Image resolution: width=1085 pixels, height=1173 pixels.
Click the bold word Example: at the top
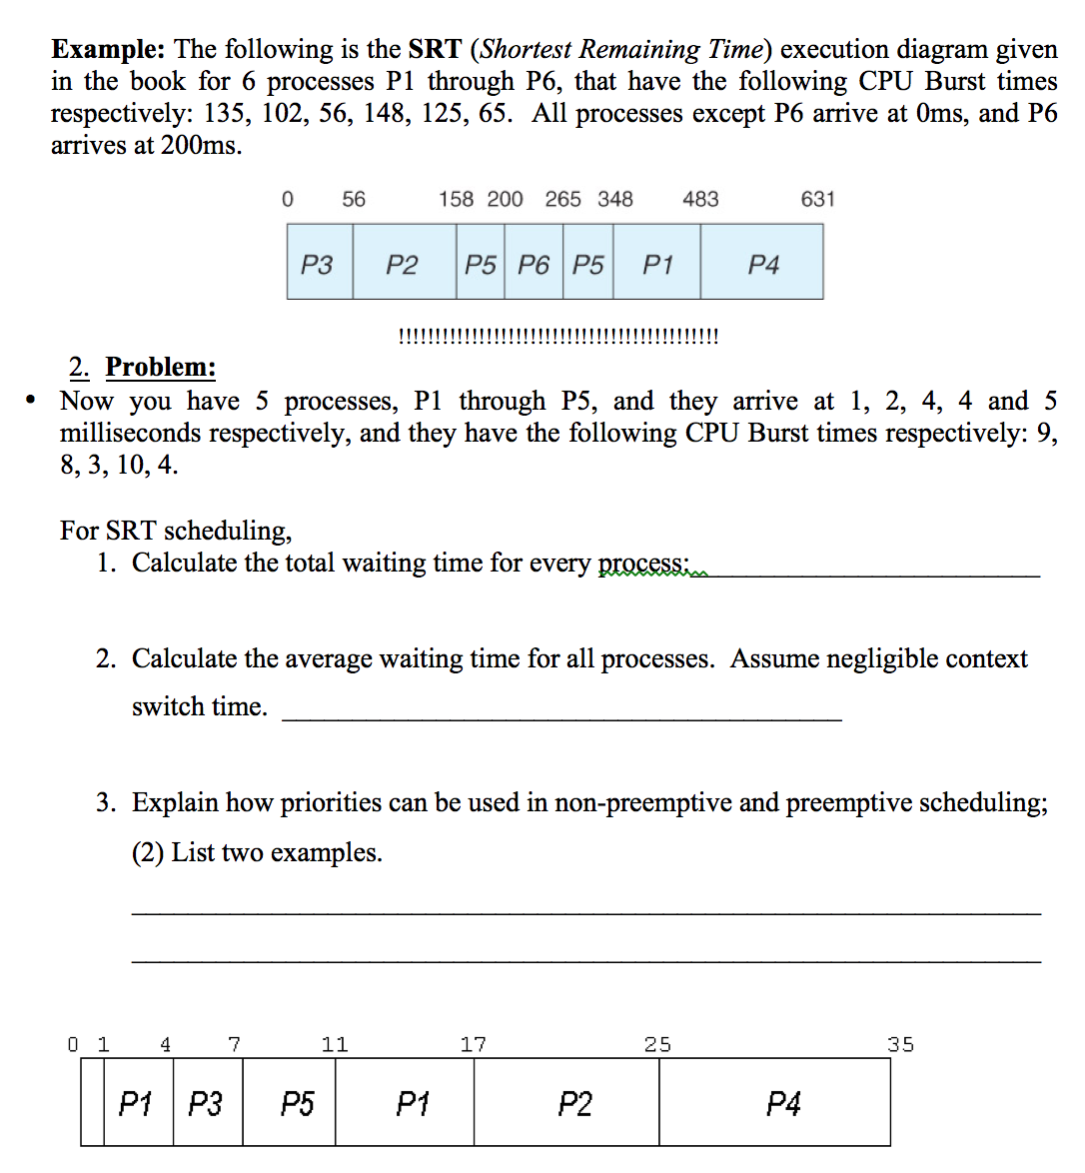click(x=108, y=50)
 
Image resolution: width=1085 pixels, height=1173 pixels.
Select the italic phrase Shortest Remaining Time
click(x=619, y=50)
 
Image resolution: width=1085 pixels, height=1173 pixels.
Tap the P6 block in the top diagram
click(x=534, y=265)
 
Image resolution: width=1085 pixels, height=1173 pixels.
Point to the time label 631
click(x=817, y=199)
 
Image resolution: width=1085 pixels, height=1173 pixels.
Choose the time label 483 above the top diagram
click(x=700, y=199)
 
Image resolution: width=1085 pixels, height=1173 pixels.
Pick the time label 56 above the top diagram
click(x=354, y=199)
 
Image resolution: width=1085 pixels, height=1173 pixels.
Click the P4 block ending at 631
click(x=762, y=265)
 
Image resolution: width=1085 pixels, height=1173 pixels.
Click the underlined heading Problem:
click(x=160, y=368)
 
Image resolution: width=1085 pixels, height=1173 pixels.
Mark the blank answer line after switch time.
click(x=561, y=717)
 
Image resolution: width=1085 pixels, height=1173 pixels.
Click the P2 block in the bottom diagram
click(x=574, y=1104)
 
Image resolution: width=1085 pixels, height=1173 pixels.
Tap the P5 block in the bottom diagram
click(x=297, y=1104)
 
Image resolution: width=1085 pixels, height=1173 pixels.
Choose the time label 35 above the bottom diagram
click(x=900, y=1045)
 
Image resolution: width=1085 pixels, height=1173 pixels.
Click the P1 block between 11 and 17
click(x=413, y=1104)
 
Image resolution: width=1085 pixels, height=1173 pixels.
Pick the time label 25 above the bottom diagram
click(x=657, y=1045)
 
